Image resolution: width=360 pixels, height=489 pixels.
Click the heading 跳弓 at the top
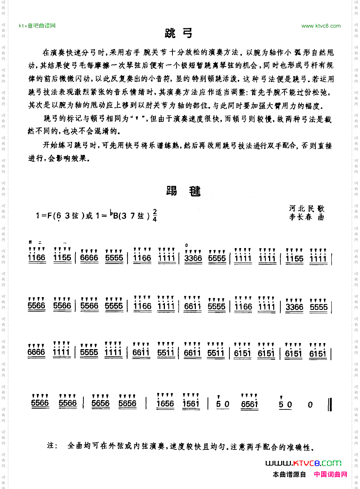[x=179, y=34]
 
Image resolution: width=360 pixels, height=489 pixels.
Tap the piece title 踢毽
[x=183, y=191]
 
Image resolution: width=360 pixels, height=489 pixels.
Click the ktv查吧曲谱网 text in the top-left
[x=37, y=26]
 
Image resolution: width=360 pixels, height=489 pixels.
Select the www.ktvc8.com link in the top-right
[x=321, y=26]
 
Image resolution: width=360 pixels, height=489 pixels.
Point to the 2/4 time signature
[x=155, y=215]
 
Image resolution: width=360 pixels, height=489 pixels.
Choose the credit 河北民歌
[x=306, y=208]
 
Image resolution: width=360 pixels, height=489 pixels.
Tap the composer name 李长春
[x=301, y=217]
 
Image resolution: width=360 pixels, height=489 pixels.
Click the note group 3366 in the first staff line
[x=193, y=258]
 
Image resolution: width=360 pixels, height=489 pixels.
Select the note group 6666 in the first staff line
[x=89, y=258]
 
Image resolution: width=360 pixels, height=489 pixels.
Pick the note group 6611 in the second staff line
[x=192, y=306]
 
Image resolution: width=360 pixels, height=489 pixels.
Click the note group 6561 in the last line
[x=249, y=404]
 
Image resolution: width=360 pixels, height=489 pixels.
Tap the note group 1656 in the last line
[x=165, y=404]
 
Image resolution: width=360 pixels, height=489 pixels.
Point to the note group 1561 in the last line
[x=191, y=404]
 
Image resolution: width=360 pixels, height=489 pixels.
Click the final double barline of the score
[x=330, y=404]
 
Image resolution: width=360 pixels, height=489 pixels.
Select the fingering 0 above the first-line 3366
[x=186, y=245]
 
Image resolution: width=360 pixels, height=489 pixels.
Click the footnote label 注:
[x=52, y=446]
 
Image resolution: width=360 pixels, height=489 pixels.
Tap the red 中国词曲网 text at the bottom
[x=331, y=474]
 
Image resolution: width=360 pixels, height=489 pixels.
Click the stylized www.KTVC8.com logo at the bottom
[x=303, y=463]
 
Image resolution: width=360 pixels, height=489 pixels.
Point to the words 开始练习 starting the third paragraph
[x=55, y=146]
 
